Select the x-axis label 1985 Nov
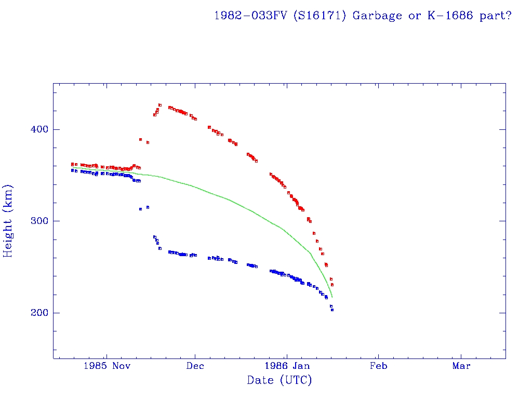click(x=107, y=366)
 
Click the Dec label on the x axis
click(x=195, y=366)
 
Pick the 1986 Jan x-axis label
click(x=287, y=366)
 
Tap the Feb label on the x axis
click(x=378, y=366)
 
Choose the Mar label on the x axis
click(x=461, y=366)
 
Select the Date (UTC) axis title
click(x=280, y=380)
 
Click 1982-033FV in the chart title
click(x=251, y=15)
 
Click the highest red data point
click(x=160, y=105)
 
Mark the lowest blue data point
click(x=332, y=310)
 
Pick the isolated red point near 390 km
click(x=140, y=139)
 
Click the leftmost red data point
click(x=72, y=164)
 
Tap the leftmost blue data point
click(x=72, y=170)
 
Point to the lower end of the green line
click(x=332, y=297)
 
